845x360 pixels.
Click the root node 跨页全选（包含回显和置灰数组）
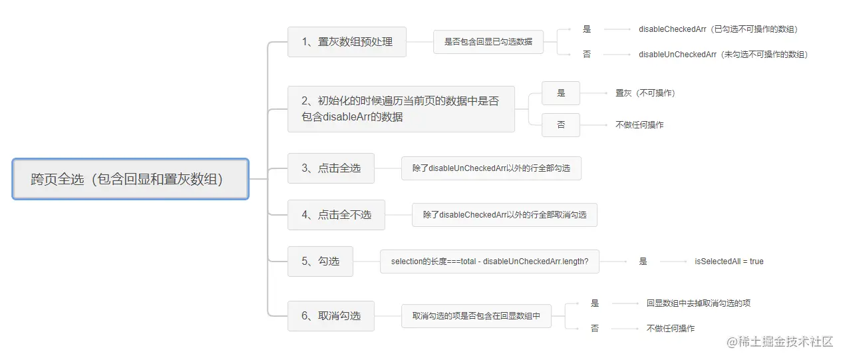(x=130, y=179)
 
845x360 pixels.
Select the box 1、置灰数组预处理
(x=347, y=42)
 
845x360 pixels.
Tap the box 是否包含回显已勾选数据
(x=488, y=42)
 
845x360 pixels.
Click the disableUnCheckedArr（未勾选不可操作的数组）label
(x=723, y=55)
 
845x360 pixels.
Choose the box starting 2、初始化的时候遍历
(x=401, y=109)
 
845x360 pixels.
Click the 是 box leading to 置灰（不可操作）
(x=560, y=93)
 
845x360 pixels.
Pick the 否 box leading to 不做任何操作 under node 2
(x=560, y=124)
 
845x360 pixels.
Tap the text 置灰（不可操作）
(x=645, y=93)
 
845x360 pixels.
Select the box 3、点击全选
(x=331, y=168)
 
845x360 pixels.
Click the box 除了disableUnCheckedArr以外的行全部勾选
(x=491, y=168)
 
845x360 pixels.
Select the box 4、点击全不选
(x=336, y=215)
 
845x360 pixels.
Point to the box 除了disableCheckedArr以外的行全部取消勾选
(x=504, y=215)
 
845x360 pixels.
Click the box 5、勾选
(x=320, y=262)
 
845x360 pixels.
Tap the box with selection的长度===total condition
(x=489, y=262)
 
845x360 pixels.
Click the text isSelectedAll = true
(x=729, y=262)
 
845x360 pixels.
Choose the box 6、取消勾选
(x=331, y=316)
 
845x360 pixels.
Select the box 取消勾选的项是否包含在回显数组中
(x=476, y=316)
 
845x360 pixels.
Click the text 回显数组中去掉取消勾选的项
(x=698, y=303)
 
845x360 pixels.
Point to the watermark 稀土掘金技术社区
(x=780, y=341)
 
